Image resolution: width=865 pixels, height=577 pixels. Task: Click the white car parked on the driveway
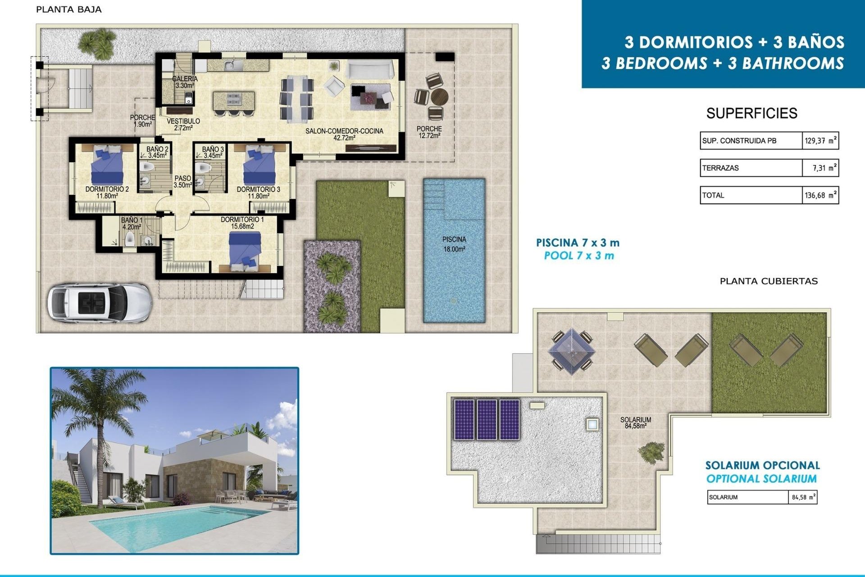point(99,302)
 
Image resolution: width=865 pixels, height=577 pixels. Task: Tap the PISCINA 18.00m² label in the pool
point(454,244)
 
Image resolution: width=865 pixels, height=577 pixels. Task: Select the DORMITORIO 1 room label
point(242,223)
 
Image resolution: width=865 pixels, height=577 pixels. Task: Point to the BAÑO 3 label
point(213,152)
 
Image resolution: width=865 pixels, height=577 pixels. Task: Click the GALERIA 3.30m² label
point(185,82)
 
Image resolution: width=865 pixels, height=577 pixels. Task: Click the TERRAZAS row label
point(720,168)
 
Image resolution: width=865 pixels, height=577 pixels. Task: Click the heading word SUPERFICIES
point(751,113)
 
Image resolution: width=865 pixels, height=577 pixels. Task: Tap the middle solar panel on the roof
point(487,420)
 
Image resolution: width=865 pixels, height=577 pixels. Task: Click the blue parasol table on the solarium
point(571,350)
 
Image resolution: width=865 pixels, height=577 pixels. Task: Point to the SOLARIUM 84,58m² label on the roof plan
point(635,422)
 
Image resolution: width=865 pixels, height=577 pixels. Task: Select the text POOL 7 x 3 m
point(579,256)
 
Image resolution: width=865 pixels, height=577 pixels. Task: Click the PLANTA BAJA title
point(68,9)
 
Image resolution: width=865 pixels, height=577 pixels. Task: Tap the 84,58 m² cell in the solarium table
point(803,498)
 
